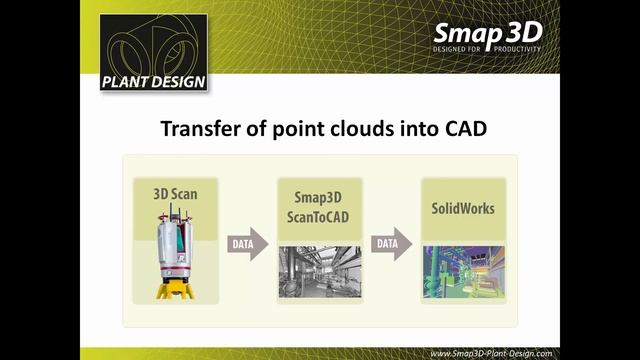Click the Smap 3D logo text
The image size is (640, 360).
tap(486, 30)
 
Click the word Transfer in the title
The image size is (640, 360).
tap(199, 130)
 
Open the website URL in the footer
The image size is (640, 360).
tap(489, 353)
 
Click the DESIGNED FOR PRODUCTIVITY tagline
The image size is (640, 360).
tap(486, 48)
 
